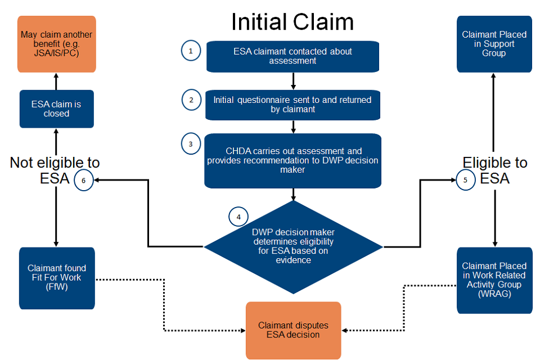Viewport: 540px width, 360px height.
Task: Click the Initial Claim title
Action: (x=292, y=22)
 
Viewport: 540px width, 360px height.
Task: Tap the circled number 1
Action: (x=191, y=51)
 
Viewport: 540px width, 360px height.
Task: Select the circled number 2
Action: (x=191, y=100)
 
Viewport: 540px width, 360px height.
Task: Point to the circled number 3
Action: (x=191, y=144)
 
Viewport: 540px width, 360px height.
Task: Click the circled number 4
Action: (x=238, y=217)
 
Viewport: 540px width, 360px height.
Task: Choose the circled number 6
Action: (x=83, y=181)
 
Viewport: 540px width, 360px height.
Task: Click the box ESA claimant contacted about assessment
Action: (x=292, y=56)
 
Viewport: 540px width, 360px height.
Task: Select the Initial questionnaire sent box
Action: (x=292, y=105)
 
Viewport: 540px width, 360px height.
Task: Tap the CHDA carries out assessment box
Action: (x=292, y=160)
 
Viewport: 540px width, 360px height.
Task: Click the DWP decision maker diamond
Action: (x=293, y=246)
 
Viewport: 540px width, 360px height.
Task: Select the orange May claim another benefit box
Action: (x=56, y=44)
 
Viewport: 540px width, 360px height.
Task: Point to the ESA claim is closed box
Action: (x=56, y=109)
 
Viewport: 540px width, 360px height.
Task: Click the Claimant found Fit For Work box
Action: (x=57, y=278)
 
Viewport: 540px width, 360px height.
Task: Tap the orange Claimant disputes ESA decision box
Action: (x=293, y=330)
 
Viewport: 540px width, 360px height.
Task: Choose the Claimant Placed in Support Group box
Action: (x=494, y=44)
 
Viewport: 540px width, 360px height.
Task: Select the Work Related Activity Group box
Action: (x=494, y=280)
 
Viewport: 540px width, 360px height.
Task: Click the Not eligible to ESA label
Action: (x=55, y=170)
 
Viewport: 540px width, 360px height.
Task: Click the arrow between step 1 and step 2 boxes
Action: (x=294, y=81)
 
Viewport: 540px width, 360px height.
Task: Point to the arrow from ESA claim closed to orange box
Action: (x=56, y=81)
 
